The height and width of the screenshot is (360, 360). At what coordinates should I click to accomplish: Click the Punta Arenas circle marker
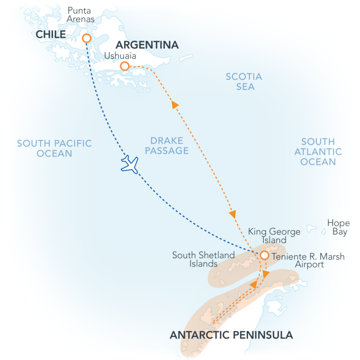click(x=86, y=38)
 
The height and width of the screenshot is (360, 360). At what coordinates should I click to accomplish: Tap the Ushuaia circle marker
click(x=124, y=66)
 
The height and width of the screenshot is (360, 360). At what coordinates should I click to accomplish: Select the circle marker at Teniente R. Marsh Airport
click(x=264, y=255)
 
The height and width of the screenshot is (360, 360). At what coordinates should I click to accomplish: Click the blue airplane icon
click(x=129, y=164)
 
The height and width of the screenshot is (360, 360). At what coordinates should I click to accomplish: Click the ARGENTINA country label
click(x=147, y=45)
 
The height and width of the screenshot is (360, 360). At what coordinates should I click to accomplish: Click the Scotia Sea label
click(x=243, y=81)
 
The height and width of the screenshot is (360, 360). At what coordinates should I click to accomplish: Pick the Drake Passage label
click(x=169, y=145)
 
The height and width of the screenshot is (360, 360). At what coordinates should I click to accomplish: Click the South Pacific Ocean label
click(x=54, y=148)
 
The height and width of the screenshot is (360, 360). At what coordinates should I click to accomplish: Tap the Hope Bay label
click(x=338, y=227)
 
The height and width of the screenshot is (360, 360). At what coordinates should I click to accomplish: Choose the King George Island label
click(x=274, y=236)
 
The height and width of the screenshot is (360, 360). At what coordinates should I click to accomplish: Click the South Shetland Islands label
click(x=203, y=259)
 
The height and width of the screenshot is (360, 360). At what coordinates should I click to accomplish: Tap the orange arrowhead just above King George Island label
click(x=232, y=214)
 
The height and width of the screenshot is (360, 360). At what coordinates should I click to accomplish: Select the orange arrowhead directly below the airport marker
click(x=265, y=274)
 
